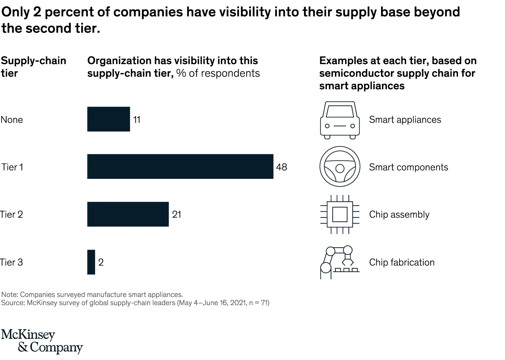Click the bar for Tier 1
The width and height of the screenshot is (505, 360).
180,166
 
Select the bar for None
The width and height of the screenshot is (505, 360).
108,119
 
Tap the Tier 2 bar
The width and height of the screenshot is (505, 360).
128,214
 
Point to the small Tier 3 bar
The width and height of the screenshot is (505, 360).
91,262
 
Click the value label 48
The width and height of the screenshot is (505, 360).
281,167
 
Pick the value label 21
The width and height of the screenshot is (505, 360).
177,214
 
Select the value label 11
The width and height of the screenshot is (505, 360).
137,119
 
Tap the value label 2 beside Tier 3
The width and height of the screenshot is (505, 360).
101,262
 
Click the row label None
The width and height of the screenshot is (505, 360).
12,119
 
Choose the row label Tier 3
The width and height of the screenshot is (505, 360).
12,262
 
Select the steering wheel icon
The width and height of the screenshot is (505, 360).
340,167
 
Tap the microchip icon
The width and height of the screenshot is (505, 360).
340,214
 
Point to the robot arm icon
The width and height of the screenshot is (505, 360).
339,262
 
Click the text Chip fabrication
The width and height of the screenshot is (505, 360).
401,262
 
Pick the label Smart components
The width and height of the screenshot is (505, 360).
408,167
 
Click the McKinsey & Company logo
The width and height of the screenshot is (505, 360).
42,341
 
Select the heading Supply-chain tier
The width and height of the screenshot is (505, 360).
33,67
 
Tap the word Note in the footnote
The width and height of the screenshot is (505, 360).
9,295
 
